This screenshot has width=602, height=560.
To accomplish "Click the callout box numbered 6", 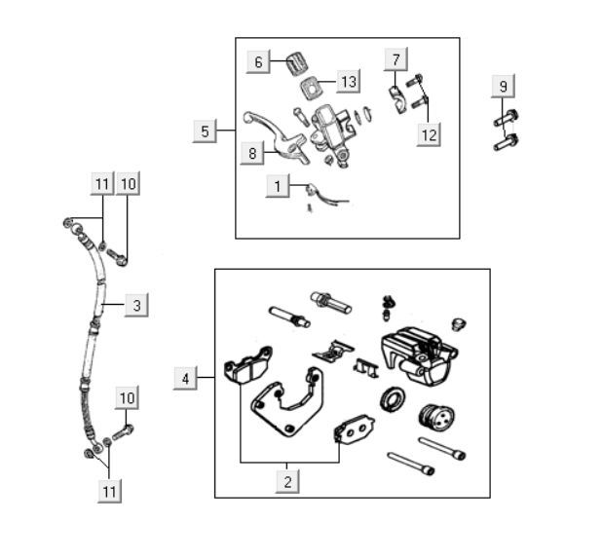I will coord(258,62).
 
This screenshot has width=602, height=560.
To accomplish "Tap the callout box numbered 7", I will coord(395,59).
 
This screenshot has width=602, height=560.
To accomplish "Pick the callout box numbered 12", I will coord(429,134).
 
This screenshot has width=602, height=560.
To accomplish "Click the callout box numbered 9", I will coord(503,87).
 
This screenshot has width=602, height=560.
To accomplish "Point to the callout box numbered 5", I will coord(205,131).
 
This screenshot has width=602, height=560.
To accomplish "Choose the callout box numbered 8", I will coord(251,152).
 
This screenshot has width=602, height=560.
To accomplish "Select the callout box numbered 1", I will coord(278,185).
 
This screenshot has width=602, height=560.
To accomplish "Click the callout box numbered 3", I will coord(136,305).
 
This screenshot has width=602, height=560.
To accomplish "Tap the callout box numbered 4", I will coord(185,377).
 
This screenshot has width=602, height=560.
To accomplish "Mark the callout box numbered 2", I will coord(286,480).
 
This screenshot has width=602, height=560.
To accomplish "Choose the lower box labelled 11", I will coord(109,491).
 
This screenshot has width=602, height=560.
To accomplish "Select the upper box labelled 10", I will coord(130,183).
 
